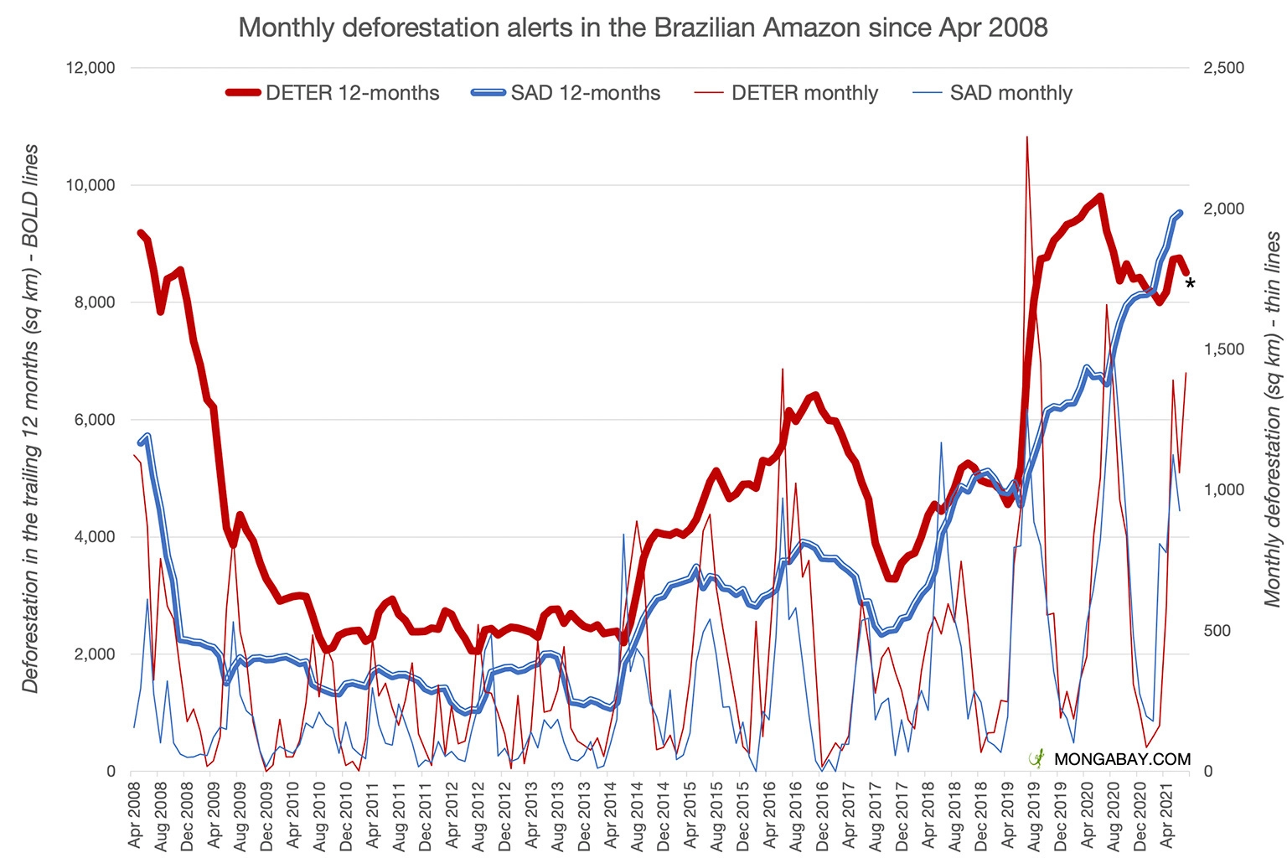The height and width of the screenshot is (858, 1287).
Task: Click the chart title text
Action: tap(643, 28)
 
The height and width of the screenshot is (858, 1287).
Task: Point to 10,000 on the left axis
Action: tap(90, 185)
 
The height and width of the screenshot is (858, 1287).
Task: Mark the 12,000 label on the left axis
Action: tap(90, 68)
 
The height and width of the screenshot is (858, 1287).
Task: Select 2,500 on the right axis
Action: tap(1223, 68)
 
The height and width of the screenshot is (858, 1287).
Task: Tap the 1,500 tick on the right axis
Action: tap(1223, 349)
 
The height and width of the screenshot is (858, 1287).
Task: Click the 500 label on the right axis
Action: tap(1217, 631)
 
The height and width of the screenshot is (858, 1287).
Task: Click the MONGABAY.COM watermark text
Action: tap(1122, 759)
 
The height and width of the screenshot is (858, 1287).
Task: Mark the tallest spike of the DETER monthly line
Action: tap(1026, 138)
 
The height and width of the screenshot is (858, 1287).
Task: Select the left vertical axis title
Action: tap(31, 419)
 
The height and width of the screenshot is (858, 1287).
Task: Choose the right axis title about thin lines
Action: tap(1273, 419)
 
